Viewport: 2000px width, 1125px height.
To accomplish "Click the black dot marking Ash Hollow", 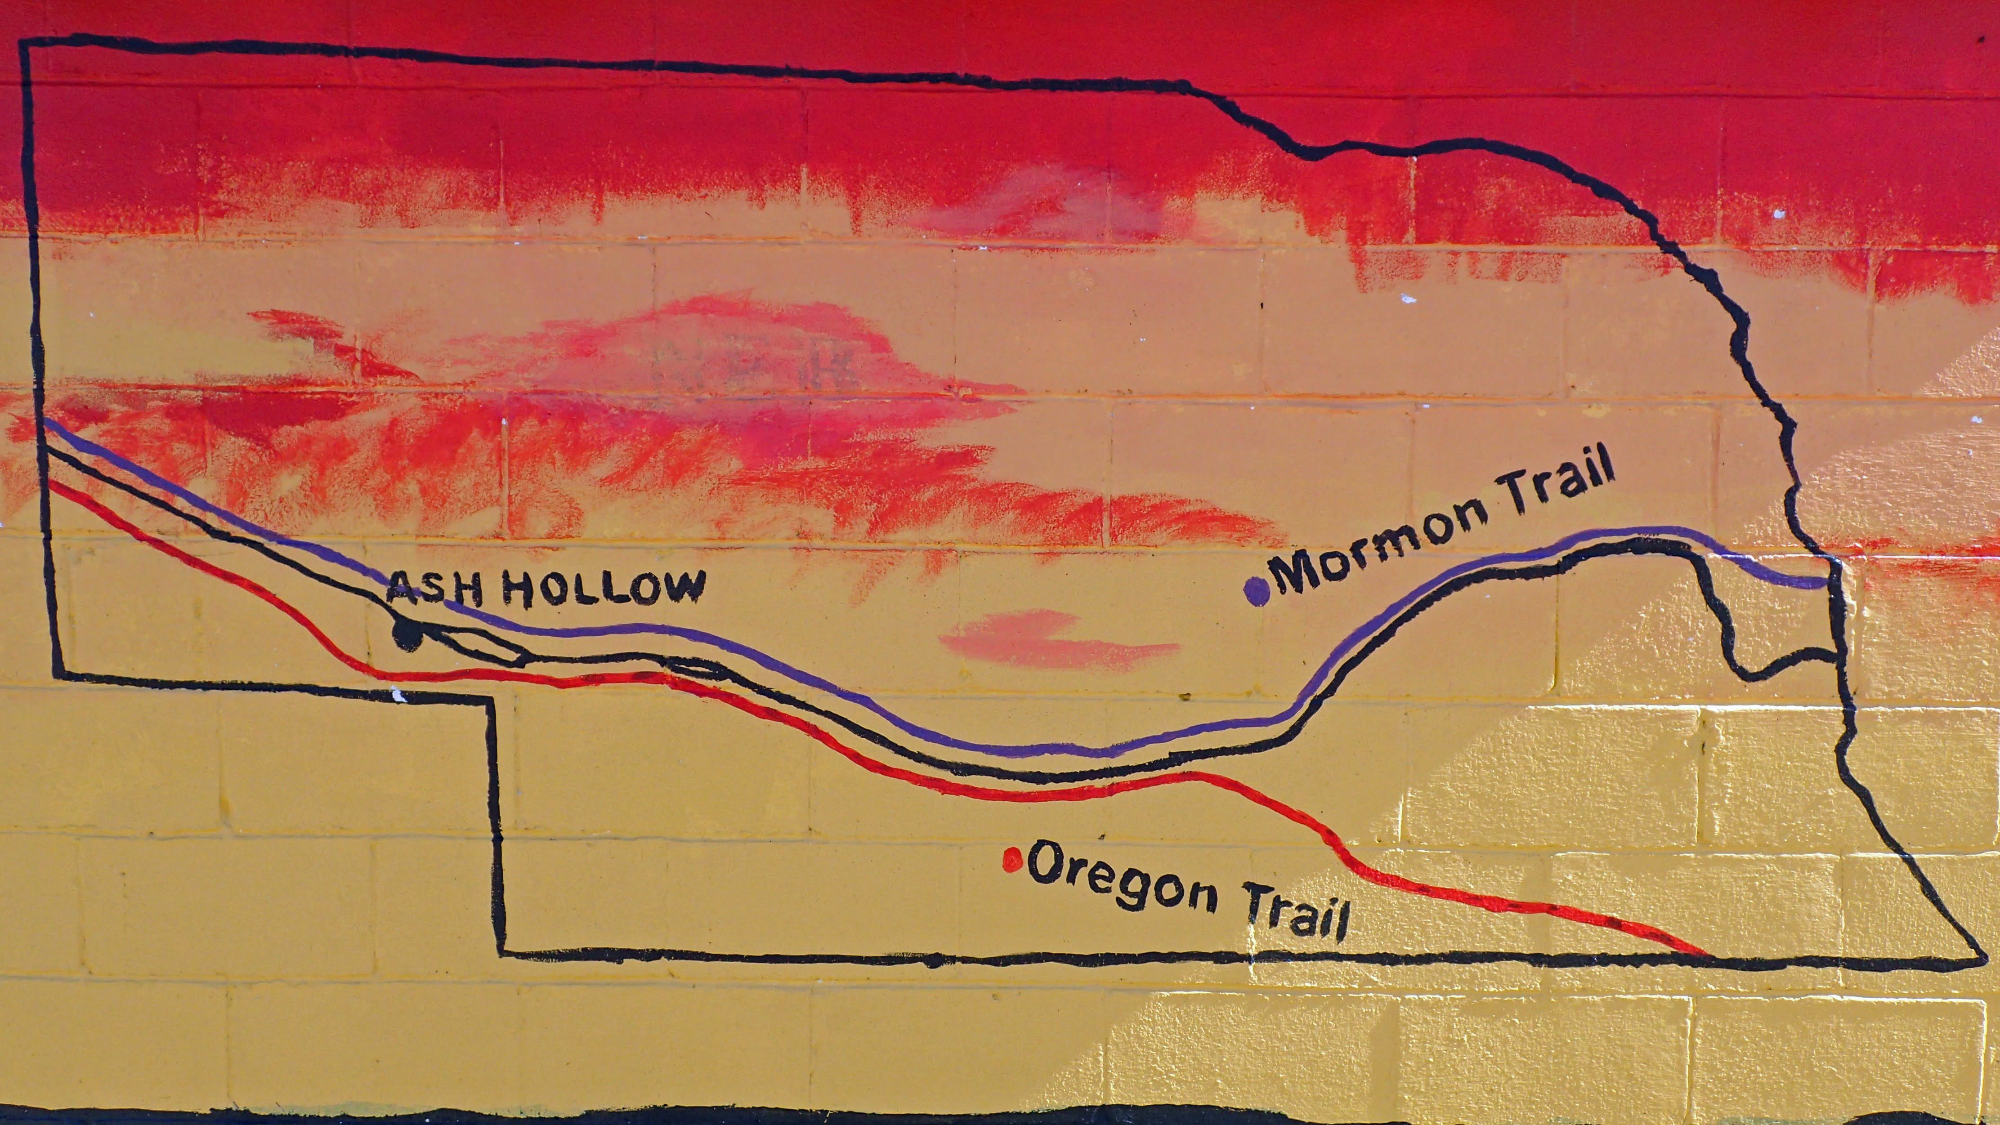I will (x=407, y=634).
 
